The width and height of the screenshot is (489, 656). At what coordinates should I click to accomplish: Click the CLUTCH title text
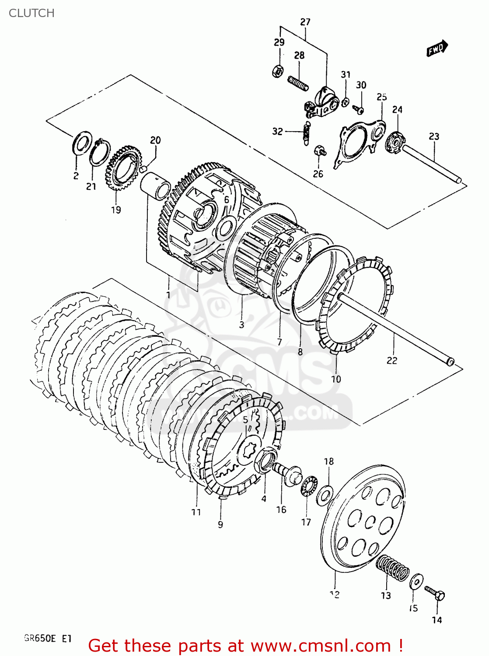31,13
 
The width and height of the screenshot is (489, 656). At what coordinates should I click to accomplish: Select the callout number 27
305,22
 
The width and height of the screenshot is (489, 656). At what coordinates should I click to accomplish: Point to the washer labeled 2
81,143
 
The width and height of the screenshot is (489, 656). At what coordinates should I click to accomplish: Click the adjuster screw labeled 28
298,83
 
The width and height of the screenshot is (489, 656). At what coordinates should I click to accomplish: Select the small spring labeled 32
307,133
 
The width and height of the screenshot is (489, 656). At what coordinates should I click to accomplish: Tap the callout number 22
392,360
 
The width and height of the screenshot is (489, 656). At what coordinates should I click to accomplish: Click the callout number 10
335,379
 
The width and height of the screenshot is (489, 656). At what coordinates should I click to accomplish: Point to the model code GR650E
40,639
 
